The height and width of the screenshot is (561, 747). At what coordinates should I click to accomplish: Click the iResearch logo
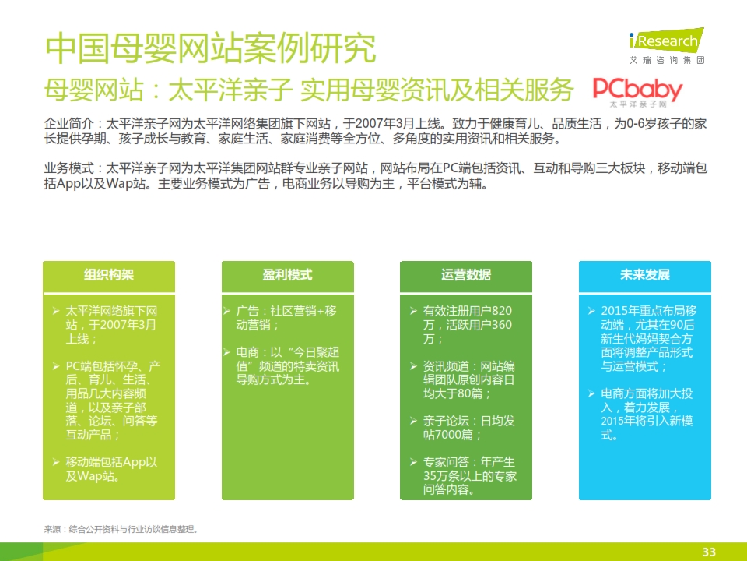[x=666, y=46]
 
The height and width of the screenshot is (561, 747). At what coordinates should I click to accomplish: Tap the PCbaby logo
[x=637, y=92]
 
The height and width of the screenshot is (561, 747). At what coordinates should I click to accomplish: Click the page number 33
[x=709, y=552]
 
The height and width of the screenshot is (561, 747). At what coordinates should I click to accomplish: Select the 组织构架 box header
[x=109, y=276]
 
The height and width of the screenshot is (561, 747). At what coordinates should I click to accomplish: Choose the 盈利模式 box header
[x=287, y=276]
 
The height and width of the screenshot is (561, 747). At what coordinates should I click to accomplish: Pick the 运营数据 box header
[x=466, y=276]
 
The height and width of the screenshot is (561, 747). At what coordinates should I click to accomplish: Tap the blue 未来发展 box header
[x=644, y=276]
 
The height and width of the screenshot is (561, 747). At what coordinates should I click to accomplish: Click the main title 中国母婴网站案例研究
[x=211, y=48]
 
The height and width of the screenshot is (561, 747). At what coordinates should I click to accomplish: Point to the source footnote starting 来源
[x=121, y=529]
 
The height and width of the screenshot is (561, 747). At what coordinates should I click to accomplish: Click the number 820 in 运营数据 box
[x=502, y=311]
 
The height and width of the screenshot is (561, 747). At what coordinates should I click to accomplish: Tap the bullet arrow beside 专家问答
[x=413, y=462]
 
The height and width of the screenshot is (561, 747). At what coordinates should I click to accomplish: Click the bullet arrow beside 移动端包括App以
[x=56, y=462]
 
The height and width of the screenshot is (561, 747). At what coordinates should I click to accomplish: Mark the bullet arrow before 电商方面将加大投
[x=591, y=393]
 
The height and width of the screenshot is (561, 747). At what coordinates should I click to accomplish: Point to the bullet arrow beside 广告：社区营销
[x=227, y=311]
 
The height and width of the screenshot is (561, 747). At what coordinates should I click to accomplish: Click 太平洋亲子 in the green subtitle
[x=230, y=90]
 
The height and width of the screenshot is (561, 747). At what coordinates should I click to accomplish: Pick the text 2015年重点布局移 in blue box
[x=648, y=311]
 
